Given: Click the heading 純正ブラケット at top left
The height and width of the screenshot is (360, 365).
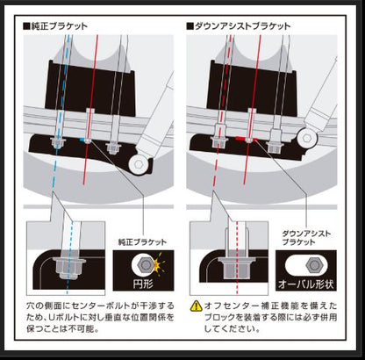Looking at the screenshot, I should (x=61, y=26).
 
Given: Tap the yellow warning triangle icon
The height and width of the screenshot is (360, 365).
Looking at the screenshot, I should (x=197, y=306).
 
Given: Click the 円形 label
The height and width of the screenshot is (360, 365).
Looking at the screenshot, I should (x=144, y=284).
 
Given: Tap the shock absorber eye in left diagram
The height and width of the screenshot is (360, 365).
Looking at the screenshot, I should (x=139, y=163).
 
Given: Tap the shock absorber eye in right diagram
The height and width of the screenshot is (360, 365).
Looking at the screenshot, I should (x=305, y=138).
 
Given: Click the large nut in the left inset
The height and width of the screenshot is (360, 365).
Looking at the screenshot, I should (x=67, y=261).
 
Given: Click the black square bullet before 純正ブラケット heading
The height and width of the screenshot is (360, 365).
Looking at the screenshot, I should (x=27, y=26).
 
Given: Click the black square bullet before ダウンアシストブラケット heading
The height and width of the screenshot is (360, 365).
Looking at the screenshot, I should (x=190, y=26).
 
